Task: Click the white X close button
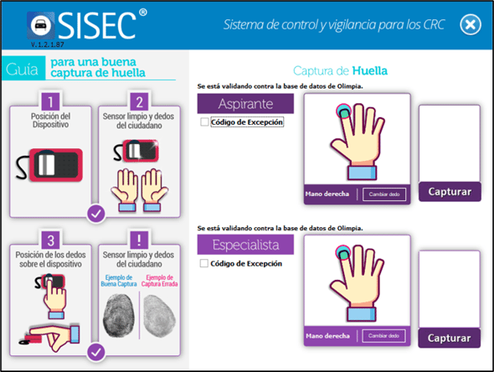coord(470,24)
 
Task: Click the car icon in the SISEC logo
coord(41,25)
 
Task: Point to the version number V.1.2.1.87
coord(47,44)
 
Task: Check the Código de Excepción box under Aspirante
coord(204,121)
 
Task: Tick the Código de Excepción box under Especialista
coord(204,263)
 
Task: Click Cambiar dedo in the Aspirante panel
coord(384,194)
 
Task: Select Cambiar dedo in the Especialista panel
coord(383,336)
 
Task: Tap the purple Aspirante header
coord(245,104)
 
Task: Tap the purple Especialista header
coord(245,245)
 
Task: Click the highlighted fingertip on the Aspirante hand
coord(344,111)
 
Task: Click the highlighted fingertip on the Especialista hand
coord(342,252)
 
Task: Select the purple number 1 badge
coord(50,101)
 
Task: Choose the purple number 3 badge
coord(50,240)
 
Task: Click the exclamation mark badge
coord(139,240)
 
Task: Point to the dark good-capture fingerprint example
coord(119,315)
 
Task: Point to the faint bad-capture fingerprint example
coord(159,315)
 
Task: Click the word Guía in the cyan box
coord(22,69)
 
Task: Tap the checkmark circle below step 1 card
coord(96,214)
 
